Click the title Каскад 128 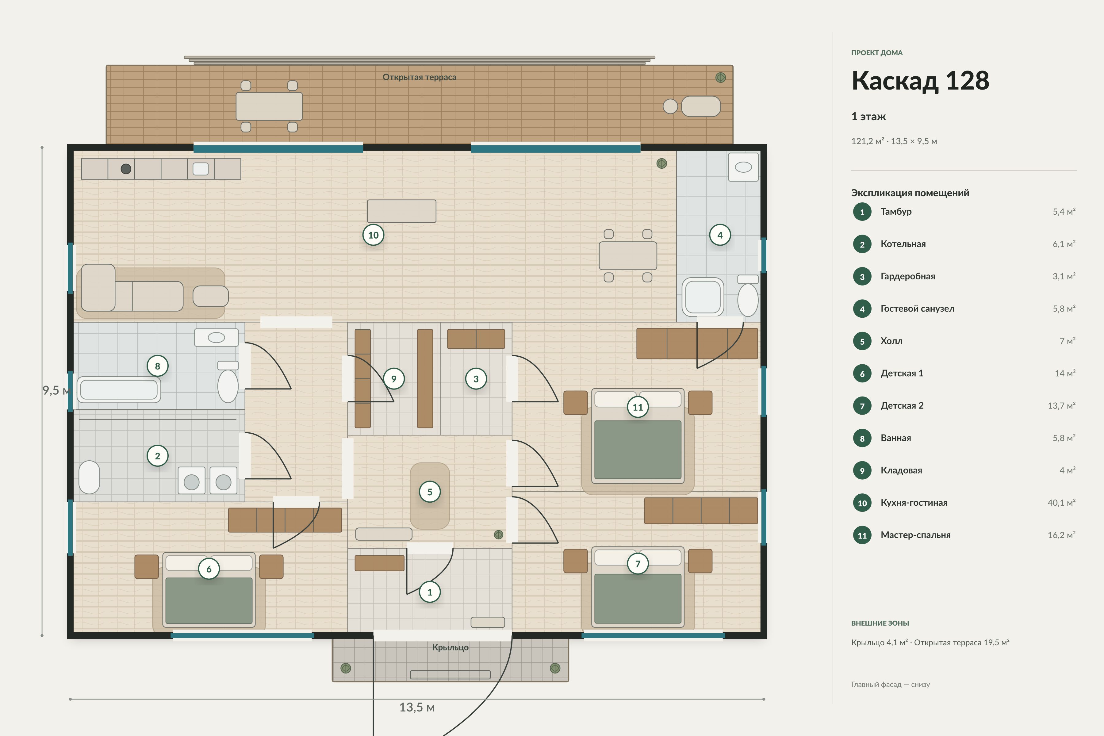[920, 81]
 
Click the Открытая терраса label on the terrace [419, 77]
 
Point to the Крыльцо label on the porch [450, 647]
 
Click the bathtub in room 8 [119, 389]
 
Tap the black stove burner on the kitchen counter [126, 169]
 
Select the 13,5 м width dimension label [417, 707]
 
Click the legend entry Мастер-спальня [915, 535]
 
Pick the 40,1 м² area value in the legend [1061, 503]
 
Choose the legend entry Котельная [903, 244]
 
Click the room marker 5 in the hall [430, 492]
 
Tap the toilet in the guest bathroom [748, 296]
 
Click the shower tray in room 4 [703, 297]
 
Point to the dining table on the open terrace [269, 106]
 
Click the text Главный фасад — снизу [891, 684]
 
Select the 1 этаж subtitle [868, 117]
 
